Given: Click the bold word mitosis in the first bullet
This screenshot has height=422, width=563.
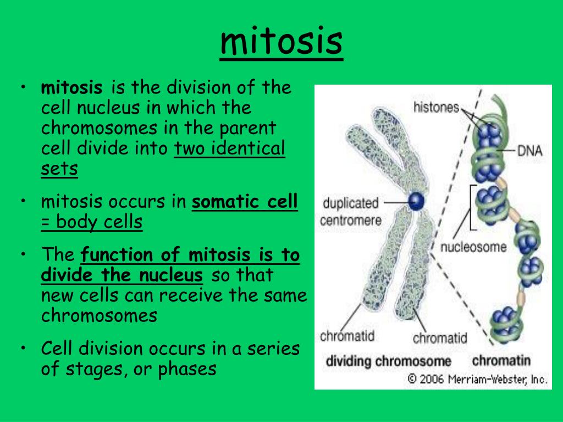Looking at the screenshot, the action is tap(71, 87).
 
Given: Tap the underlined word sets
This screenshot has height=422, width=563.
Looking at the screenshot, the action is tap(59, 169).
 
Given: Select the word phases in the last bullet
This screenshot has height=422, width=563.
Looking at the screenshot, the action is tap(187, 369).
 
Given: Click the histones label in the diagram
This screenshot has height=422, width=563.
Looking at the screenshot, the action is tap(436, 107).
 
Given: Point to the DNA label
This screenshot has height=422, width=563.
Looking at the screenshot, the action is tap(529, 151).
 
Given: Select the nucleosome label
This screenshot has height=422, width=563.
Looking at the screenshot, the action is tap(473, 247).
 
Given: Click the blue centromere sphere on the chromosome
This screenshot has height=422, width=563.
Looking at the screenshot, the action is tap(417, 201).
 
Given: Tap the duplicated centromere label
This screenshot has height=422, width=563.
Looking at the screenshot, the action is tap(350, 212).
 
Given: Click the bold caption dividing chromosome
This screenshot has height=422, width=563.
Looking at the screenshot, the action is tap(388, 361).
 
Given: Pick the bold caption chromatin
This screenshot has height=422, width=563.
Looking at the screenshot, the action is tap(501, 360).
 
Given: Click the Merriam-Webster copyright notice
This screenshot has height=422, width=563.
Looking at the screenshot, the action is tap(478, 379).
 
